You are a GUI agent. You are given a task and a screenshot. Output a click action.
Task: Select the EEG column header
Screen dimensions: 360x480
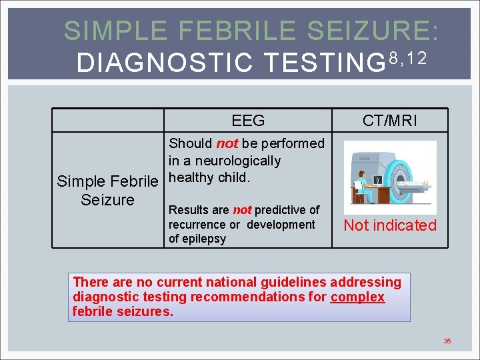[x=248, y=121]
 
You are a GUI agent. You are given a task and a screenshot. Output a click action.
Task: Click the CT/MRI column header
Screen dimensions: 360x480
[x=390, y=121]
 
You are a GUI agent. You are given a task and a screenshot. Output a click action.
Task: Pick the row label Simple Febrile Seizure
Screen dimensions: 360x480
[x=107, y=190]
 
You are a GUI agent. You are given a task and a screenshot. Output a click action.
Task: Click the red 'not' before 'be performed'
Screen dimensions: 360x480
[x=227, y=143]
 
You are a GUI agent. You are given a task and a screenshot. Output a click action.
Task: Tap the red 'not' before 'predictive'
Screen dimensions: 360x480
[x=242, y=210]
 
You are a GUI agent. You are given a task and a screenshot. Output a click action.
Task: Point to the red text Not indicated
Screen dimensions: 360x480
[x=390, y=225]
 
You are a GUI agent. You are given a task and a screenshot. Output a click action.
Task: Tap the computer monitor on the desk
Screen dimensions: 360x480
[x=378, y=179]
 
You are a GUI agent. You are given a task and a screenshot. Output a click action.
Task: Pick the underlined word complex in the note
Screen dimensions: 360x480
[x=357, y=297]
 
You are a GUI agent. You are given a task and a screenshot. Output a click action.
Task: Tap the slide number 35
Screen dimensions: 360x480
[x=447, y=341]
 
